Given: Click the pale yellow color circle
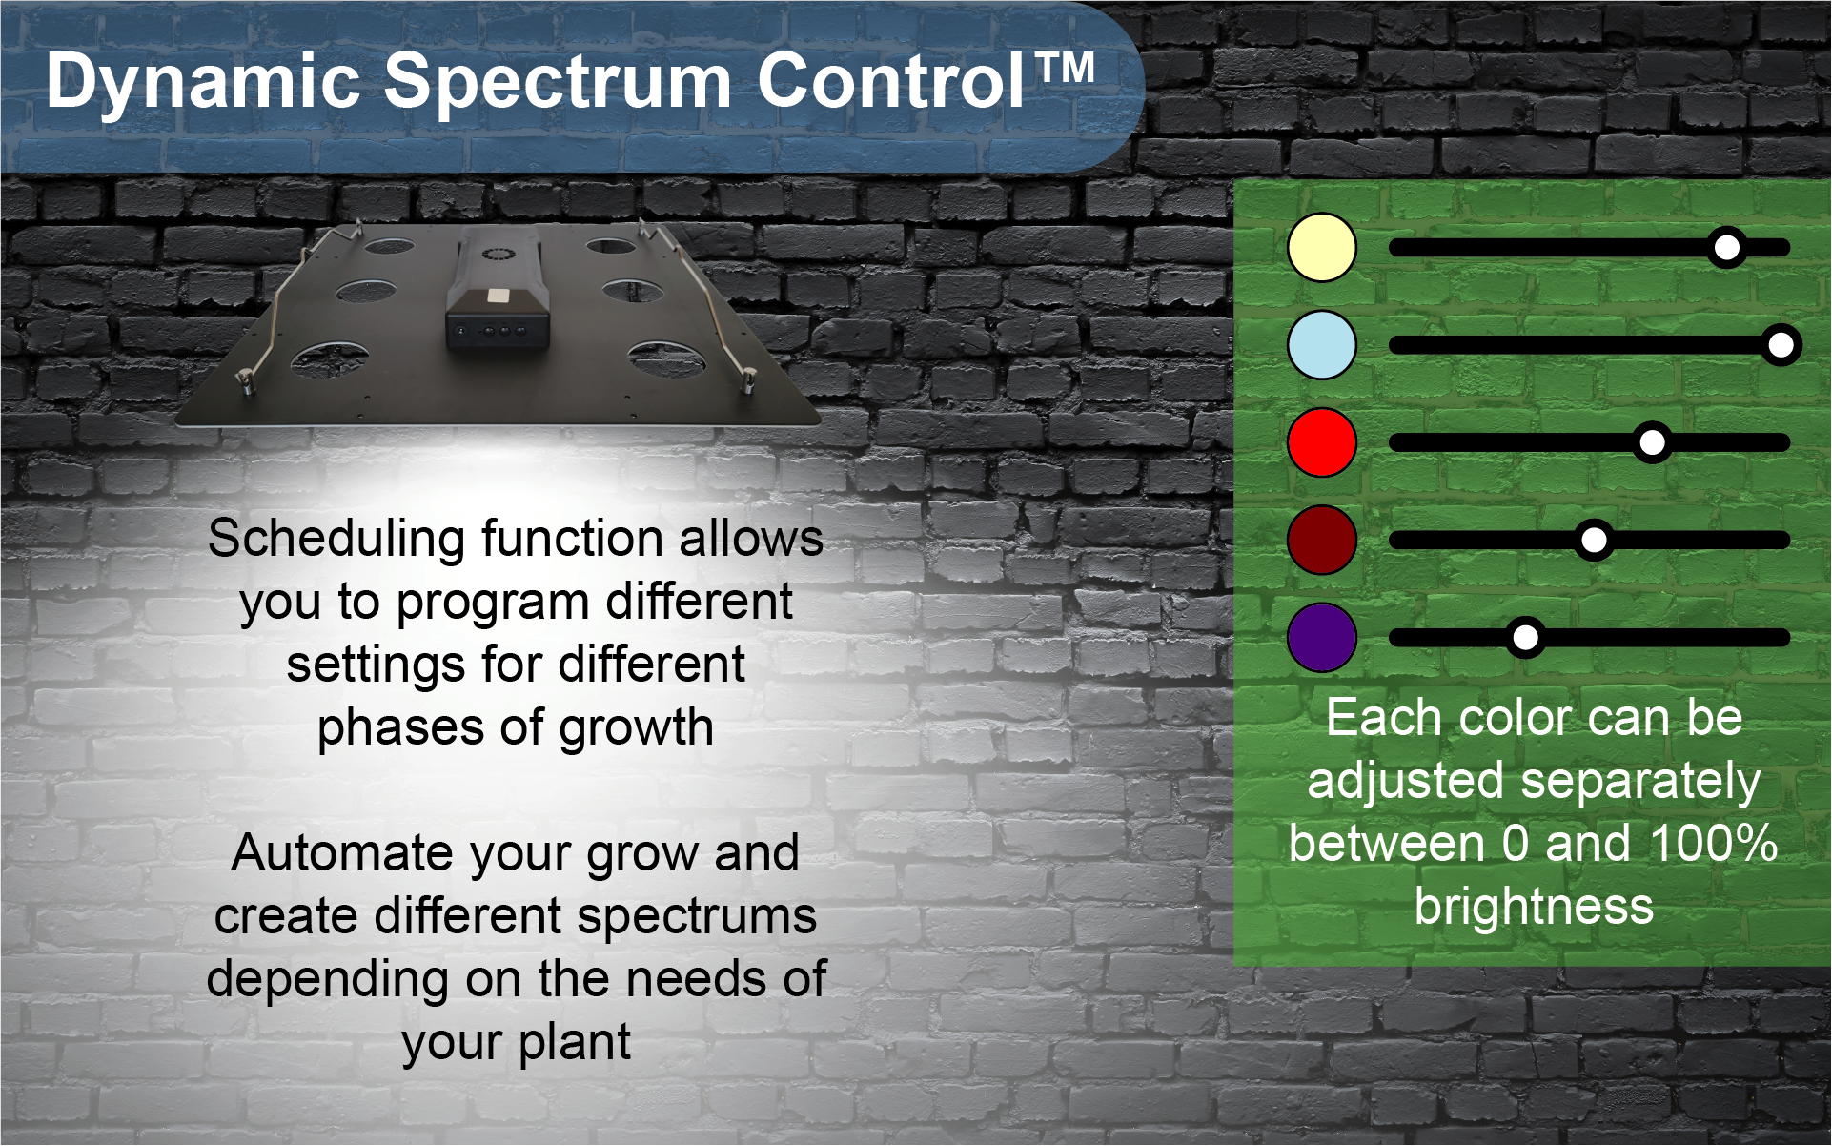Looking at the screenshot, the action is (x=1322, y=248).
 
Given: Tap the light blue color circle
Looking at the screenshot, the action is (x=1322, y=345).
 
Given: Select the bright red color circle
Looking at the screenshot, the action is (x=1322, y=442).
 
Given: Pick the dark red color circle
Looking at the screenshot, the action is (x=1322, y=540).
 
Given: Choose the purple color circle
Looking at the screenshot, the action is (x=1322, y=637).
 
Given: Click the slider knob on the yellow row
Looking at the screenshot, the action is (x=1727, y=248).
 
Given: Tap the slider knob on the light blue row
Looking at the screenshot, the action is (x=1781, y=345).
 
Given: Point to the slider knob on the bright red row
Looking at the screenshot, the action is (x=1652, y=442).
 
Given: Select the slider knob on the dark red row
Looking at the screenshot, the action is (x=1594, y=540).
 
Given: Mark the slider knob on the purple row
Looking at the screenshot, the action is (x=1525, y=637).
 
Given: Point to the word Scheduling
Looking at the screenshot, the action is (x=338, y=541).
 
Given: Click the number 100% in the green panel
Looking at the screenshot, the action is (x=1714, y=844).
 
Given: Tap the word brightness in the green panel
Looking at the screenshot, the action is (x=1534, y=907).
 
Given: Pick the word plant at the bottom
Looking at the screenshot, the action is (x=576, y=1043).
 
